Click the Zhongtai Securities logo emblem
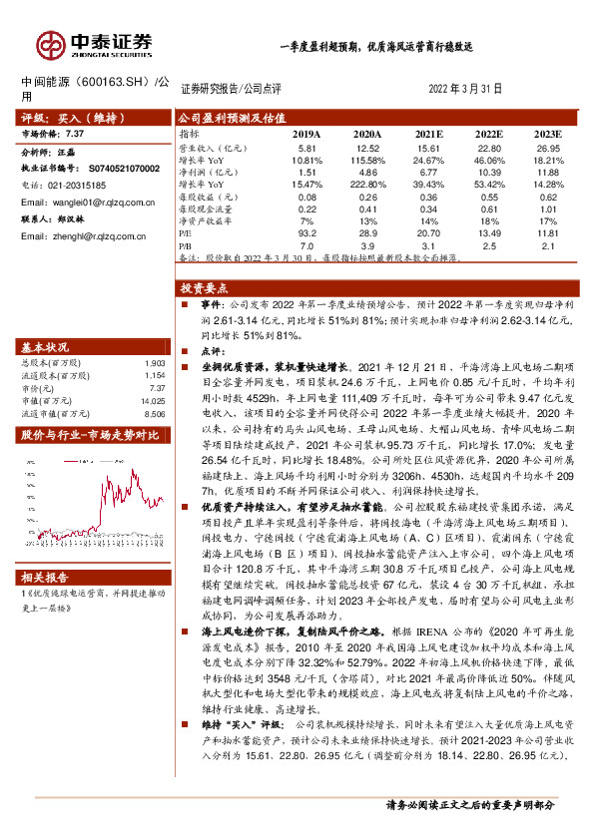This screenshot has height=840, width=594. [x=48, y=44]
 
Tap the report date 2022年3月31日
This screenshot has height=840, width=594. [x=464, y=89]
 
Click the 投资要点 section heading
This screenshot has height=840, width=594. [x=203, y=286]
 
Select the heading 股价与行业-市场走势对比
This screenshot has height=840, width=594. [x=90, y=435]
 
